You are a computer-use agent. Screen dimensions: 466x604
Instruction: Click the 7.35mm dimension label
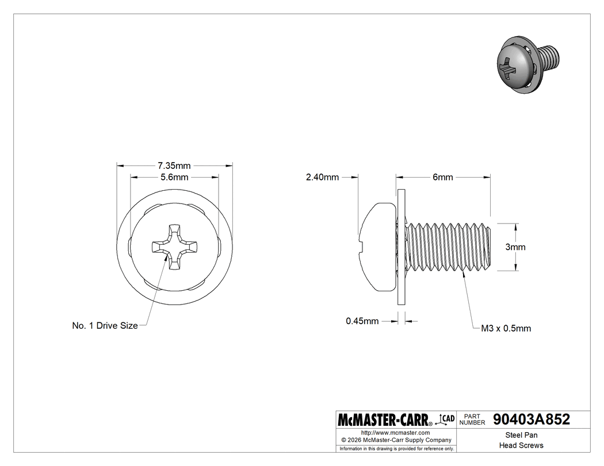coord(174,165)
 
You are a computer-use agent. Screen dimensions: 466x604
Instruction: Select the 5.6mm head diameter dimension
coord(174,177)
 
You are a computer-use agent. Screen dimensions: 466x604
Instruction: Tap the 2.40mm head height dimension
coord(322,177)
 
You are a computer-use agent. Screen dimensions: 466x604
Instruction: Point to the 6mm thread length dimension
coord(442,177)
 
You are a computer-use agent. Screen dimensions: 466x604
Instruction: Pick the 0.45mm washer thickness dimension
coord(362,321)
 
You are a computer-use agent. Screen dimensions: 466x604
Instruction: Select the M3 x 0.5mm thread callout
coord(506,329)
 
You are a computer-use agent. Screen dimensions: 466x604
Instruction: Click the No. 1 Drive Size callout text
coord(105,326)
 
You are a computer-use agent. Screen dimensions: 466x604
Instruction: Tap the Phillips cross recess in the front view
coord(174,247)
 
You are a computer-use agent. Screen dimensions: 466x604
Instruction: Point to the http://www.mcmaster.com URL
coord(395,432)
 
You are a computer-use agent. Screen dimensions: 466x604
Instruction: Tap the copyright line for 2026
coord(395,440)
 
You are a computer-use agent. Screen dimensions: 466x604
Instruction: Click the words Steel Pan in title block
coord(521,436)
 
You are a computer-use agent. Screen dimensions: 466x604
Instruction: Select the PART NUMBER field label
coord(473,419)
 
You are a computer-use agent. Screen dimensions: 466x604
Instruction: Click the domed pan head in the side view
coord(377,247)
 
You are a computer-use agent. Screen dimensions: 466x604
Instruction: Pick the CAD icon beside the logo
coord(446,419)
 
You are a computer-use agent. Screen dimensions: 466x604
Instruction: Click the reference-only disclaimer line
coord(396,448)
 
